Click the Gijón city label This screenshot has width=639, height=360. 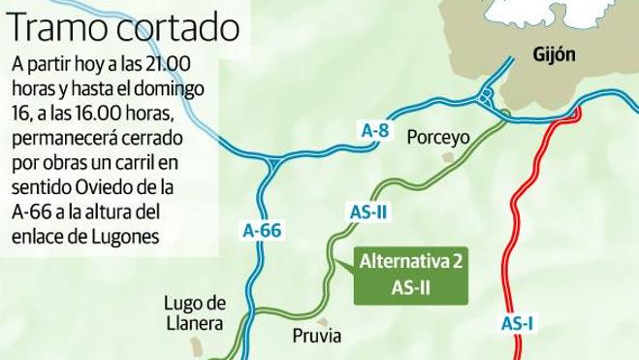555,55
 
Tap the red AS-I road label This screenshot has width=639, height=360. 520,325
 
